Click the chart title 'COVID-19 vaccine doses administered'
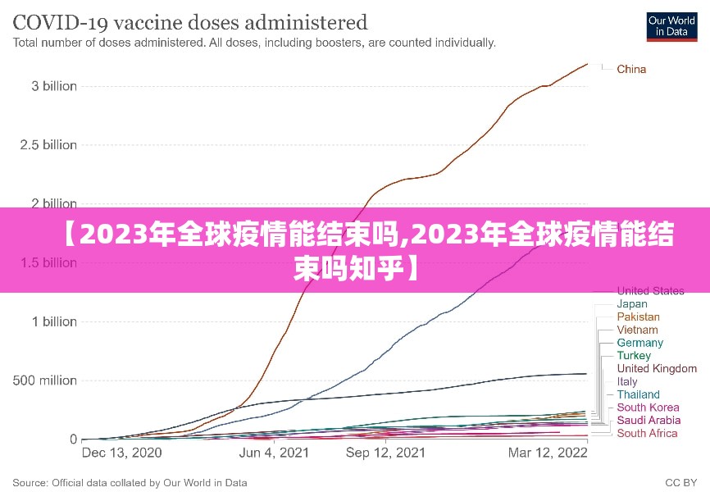pos(190,21)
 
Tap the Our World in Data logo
pos(671,25)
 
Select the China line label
pos(631,69)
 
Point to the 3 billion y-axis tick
pos(49,86)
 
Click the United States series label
pos(650,290)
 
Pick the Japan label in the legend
pos(632,303)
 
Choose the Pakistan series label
pos(638,317)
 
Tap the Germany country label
pos(640,343)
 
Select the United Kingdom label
pos(657,369)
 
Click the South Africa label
pos(647,433)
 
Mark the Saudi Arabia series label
pos(649,420)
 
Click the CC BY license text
pos(680,483)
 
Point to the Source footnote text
pos(130,483)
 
